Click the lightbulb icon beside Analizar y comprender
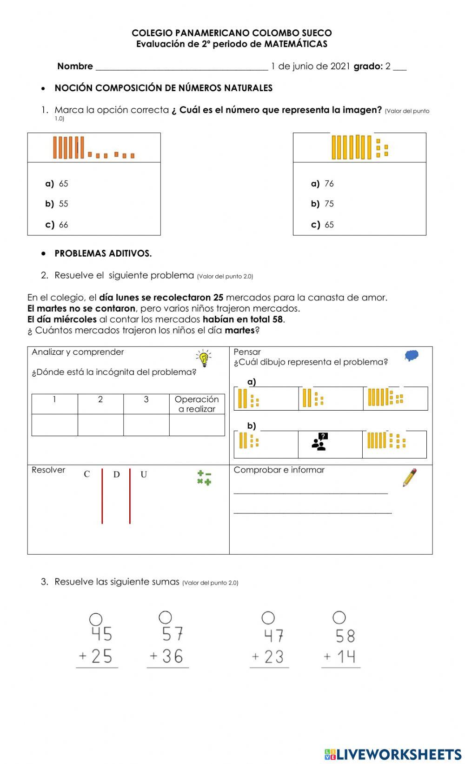point(203,359)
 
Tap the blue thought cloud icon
point(412,356)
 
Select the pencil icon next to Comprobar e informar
point(410,478)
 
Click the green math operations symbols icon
point(204,478)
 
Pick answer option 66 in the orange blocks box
point(63,225)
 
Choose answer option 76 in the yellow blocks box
point(329,184)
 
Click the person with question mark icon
point(320,442)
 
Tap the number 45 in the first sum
point(101,634)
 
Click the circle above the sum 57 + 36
point(166,617)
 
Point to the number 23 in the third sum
point(274,657)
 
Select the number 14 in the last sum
point(346,657)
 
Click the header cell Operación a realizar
point(197,404)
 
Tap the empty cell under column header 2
point(100,425)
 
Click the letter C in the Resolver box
point(87,474)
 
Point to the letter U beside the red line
point(144,474)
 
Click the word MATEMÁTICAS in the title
point(296,44)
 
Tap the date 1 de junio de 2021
point(310,66)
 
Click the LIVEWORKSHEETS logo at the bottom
point(393,754)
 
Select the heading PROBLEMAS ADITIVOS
point(103,253)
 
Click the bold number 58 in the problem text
point(278,319)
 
